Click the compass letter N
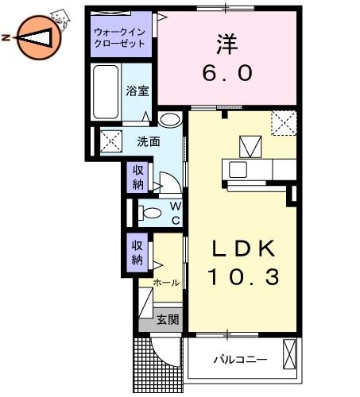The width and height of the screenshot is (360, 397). (x=6, y=37)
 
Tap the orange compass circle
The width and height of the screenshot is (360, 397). (x=40, y=37)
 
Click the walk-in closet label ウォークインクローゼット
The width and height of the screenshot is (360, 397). (x=120, y=37)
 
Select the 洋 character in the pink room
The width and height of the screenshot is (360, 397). (x=227, y=44)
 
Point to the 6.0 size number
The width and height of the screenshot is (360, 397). (x=227, y=73)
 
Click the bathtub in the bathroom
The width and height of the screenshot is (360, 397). (x=106, y=92)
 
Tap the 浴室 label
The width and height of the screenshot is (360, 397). (x=137, y=91)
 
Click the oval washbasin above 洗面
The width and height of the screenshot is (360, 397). (x=170, y=120)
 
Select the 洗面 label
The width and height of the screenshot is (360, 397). (x=149, y=142)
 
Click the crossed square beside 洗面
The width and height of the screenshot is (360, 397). (x=111, y=141)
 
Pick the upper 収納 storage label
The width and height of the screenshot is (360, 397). (x=137, y=177)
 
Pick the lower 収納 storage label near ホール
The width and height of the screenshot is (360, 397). (x=137, y=252)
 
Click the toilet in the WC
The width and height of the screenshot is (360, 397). (x=150, y=213)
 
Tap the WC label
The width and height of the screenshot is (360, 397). (x=176, y=213)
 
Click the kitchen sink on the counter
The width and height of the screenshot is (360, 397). (x=238, y=169)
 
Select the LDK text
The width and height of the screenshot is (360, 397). (x=243, y=249)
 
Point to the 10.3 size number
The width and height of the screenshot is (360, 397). (x=243, y=277)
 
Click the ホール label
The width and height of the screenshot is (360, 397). (x=166, y=283)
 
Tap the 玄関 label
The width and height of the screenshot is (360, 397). (x=168, y=319)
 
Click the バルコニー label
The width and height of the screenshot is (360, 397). (x=241, y=360)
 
